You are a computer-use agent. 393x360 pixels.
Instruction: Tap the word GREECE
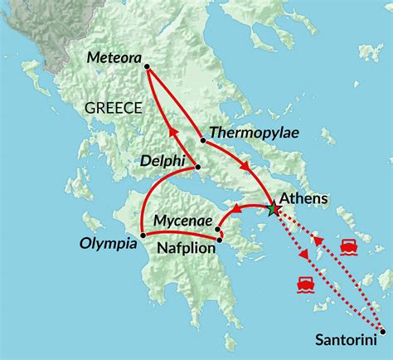tap(113, 107)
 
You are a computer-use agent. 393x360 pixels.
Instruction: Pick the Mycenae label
tap(183, 221)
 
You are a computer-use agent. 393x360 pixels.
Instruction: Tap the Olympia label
tap(109, 245)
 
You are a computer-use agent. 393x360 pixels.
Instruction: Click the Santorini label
tap(344, 339)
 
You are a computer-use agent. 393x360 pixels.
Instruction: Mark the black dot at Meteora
tap(146, 66)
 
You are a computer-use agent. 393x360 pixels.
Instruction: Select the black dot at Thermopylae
tap(203, 139)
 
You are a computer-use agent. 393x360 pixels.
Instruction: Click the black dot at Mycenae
tap(218, 229)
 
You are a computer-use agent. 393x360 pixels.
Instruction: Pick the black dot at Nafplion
tap(220, 241)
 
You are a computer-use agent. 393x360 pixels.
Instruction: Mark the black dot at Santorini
tap(381, 332)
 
